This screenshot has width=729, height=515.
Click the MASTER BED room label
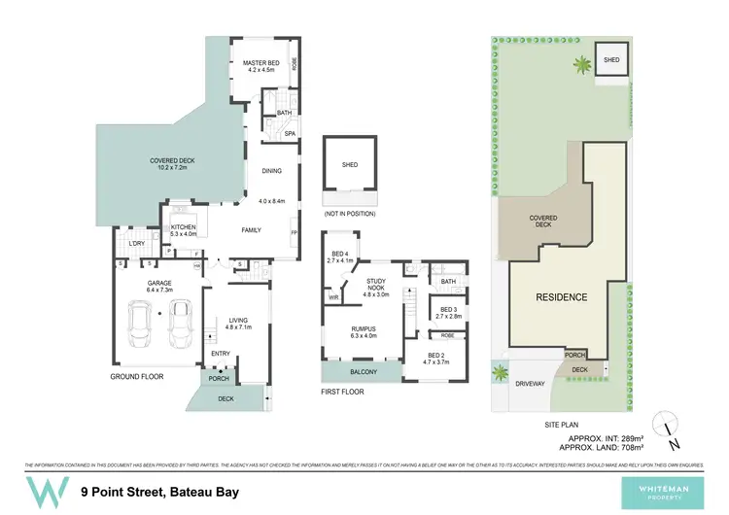260,64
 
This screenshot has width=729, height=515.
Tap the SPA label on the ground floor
289,133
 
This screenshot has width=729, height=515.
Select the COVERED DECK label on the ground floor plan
169,160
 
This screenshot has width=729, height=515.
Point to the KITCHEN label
183,226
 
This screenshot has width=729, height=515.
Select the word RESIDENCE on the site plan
561,296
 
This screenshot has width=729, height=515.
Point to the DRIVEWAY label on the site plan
529,382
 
